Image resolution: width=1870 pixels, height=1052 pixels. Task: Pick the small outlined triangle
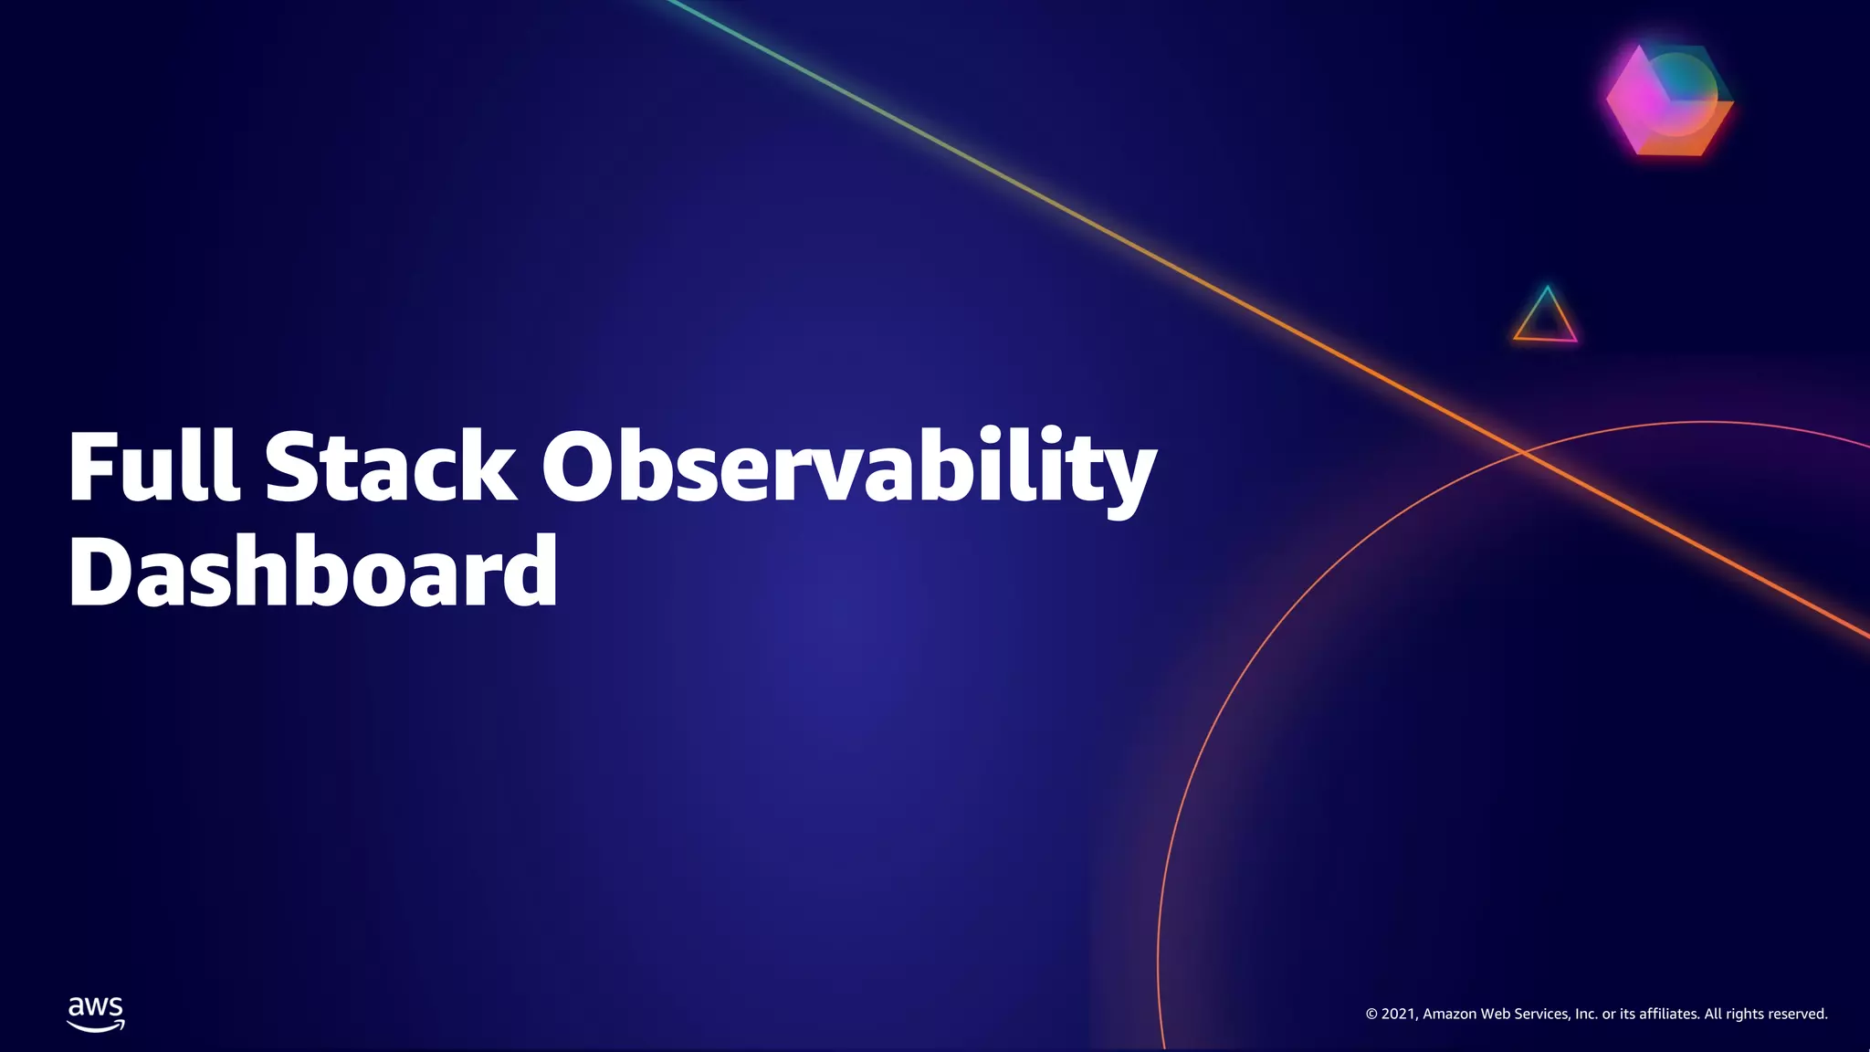1545,318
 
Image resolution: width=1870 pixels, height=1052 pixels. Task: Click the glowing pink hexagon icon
1669,100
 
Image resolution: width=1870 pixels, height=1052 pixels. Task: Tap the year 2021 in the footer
1399,1014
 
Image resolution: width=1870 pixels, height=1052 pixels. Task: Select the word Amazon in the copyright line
1449,1014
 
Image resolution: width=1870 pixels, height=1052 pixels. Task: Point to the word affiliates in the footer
1669,1014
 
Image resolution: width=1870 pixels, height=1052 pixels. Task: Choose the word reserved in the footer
1798,1014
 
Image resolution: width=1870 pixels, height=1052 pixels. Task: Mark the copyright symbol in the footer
1371,1014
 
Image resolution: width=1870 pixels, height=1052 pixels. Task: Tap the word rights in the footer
1745,1014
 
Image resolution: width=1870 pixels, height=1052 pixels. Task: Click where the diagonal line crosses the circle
1523,450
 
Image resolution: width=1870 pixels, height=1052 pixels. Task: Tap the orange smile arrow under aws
96,1026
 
